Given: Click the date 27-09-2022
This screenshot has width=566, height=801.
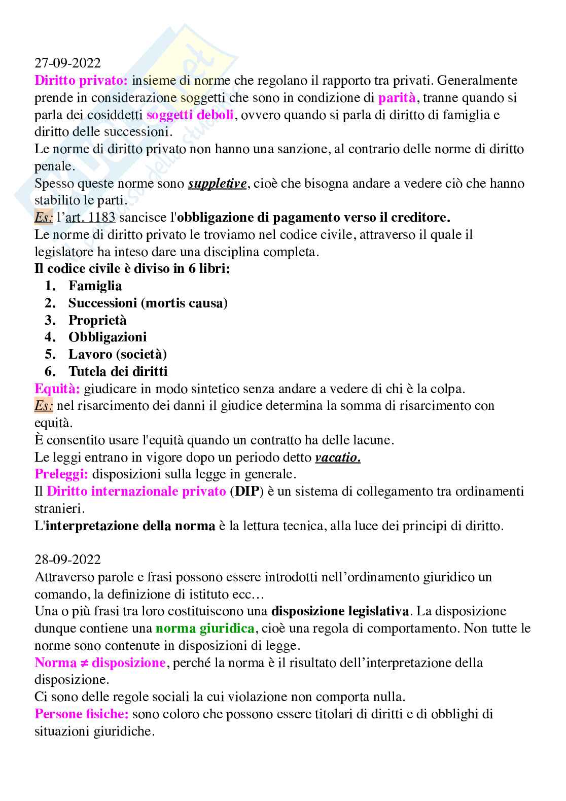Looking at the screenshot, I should tap(67, 63).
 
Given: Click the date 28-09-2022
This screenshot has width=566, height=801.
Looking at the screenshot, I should tap(67, 560).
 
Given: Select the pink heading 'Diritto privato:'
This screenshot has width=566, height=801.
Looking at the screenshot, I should tap(81, 80).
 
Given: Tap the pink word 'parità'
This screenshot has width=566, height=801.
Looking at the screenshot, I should tap(397, 97).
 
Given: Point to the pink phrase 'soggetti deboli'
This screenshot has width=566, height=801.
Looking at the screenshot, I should tap(190, 115).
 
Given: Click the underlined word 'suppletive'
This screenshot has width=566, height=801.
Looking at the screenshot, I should tap(217, 183).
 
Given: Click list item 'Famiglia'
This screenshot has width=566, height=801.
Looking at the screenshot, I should tap(95, 286).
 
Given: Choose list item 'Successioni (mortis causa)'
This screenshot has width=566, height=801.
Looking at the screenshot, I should tap(148, 303).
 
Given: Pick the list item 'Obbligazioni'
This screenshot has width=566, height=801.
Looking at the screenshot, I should tap(108, 337).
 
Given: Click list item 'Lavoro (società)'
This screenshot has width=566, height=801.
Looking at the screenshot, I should tap(118, 354).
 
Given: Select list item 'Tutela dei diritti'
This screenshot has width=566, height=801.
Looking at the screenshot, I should tap(118, 371).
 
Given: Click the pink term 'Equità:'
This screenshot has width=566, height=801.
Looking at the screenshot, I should tap(57, 389).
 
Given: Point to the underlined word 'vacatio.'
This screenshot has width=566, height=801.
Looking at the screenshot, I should tap(338, 457).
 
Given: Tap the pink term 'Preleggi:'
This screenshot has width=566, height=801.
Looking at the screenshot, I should tap(61, 474).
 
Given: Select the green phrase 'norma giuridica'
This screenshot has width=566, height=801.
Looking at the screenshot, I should tap(205, 628).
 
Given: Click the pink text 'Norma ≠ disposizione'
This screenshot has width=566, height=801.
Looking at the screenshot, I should tap(100, 663).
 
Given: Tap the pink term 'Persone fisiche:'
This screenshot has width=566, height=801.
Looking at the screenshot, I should tap(81, 714).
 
